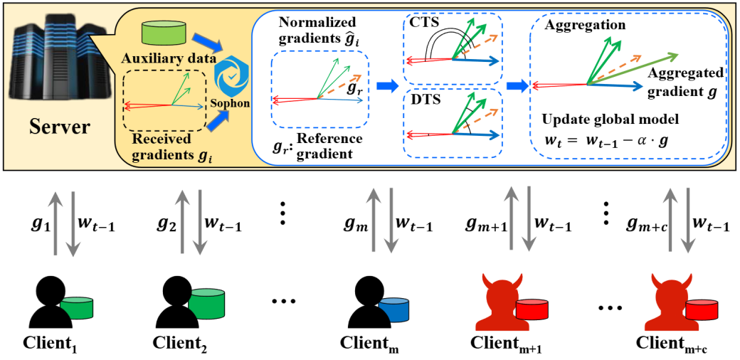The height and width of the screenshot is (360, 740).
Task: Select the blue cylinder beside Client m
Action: coord(393,310)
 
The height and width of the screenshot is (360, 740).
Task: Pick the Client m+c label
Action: coord(674,343)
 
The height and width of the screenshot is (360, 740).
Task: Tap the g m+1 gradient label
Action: coord(485,225)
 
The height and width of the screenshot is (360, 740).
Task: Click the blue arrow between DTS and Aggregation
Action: coord(516,87)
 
